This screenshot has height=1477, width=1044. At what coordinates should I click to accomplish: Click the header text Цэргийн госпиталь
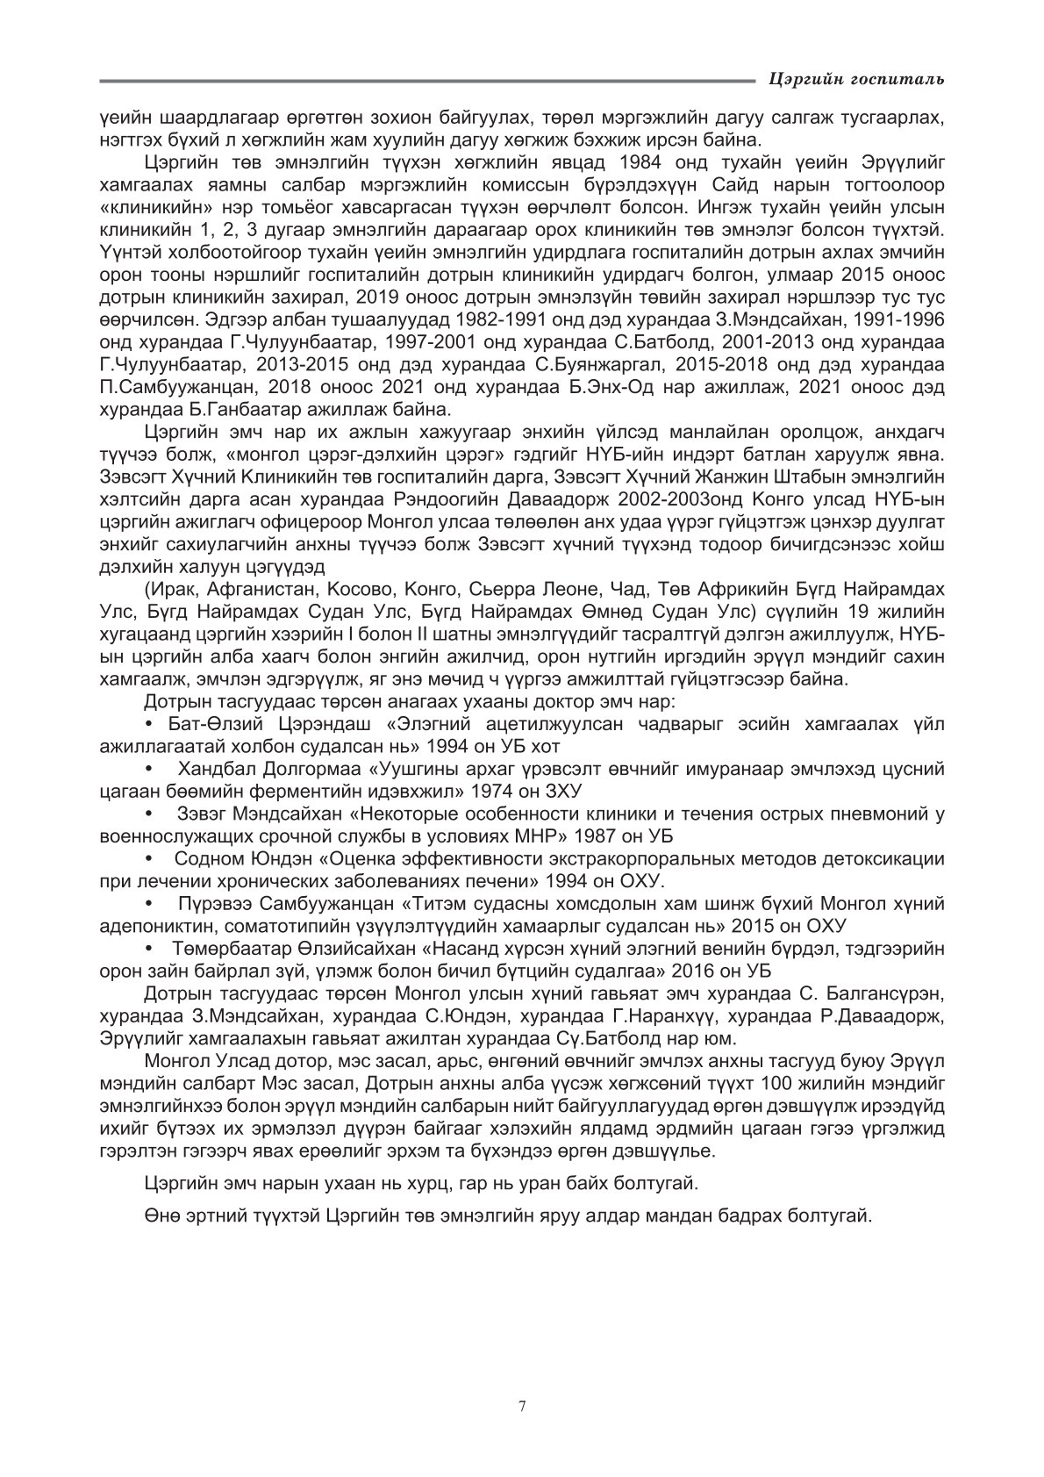(855, 80)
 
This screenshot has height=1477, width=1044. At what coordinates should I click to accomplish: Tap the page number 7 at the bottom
(522, 1407)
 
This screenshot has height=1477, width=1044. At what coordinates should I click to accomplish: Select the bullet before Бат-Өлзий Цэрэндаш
(149, 723)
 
